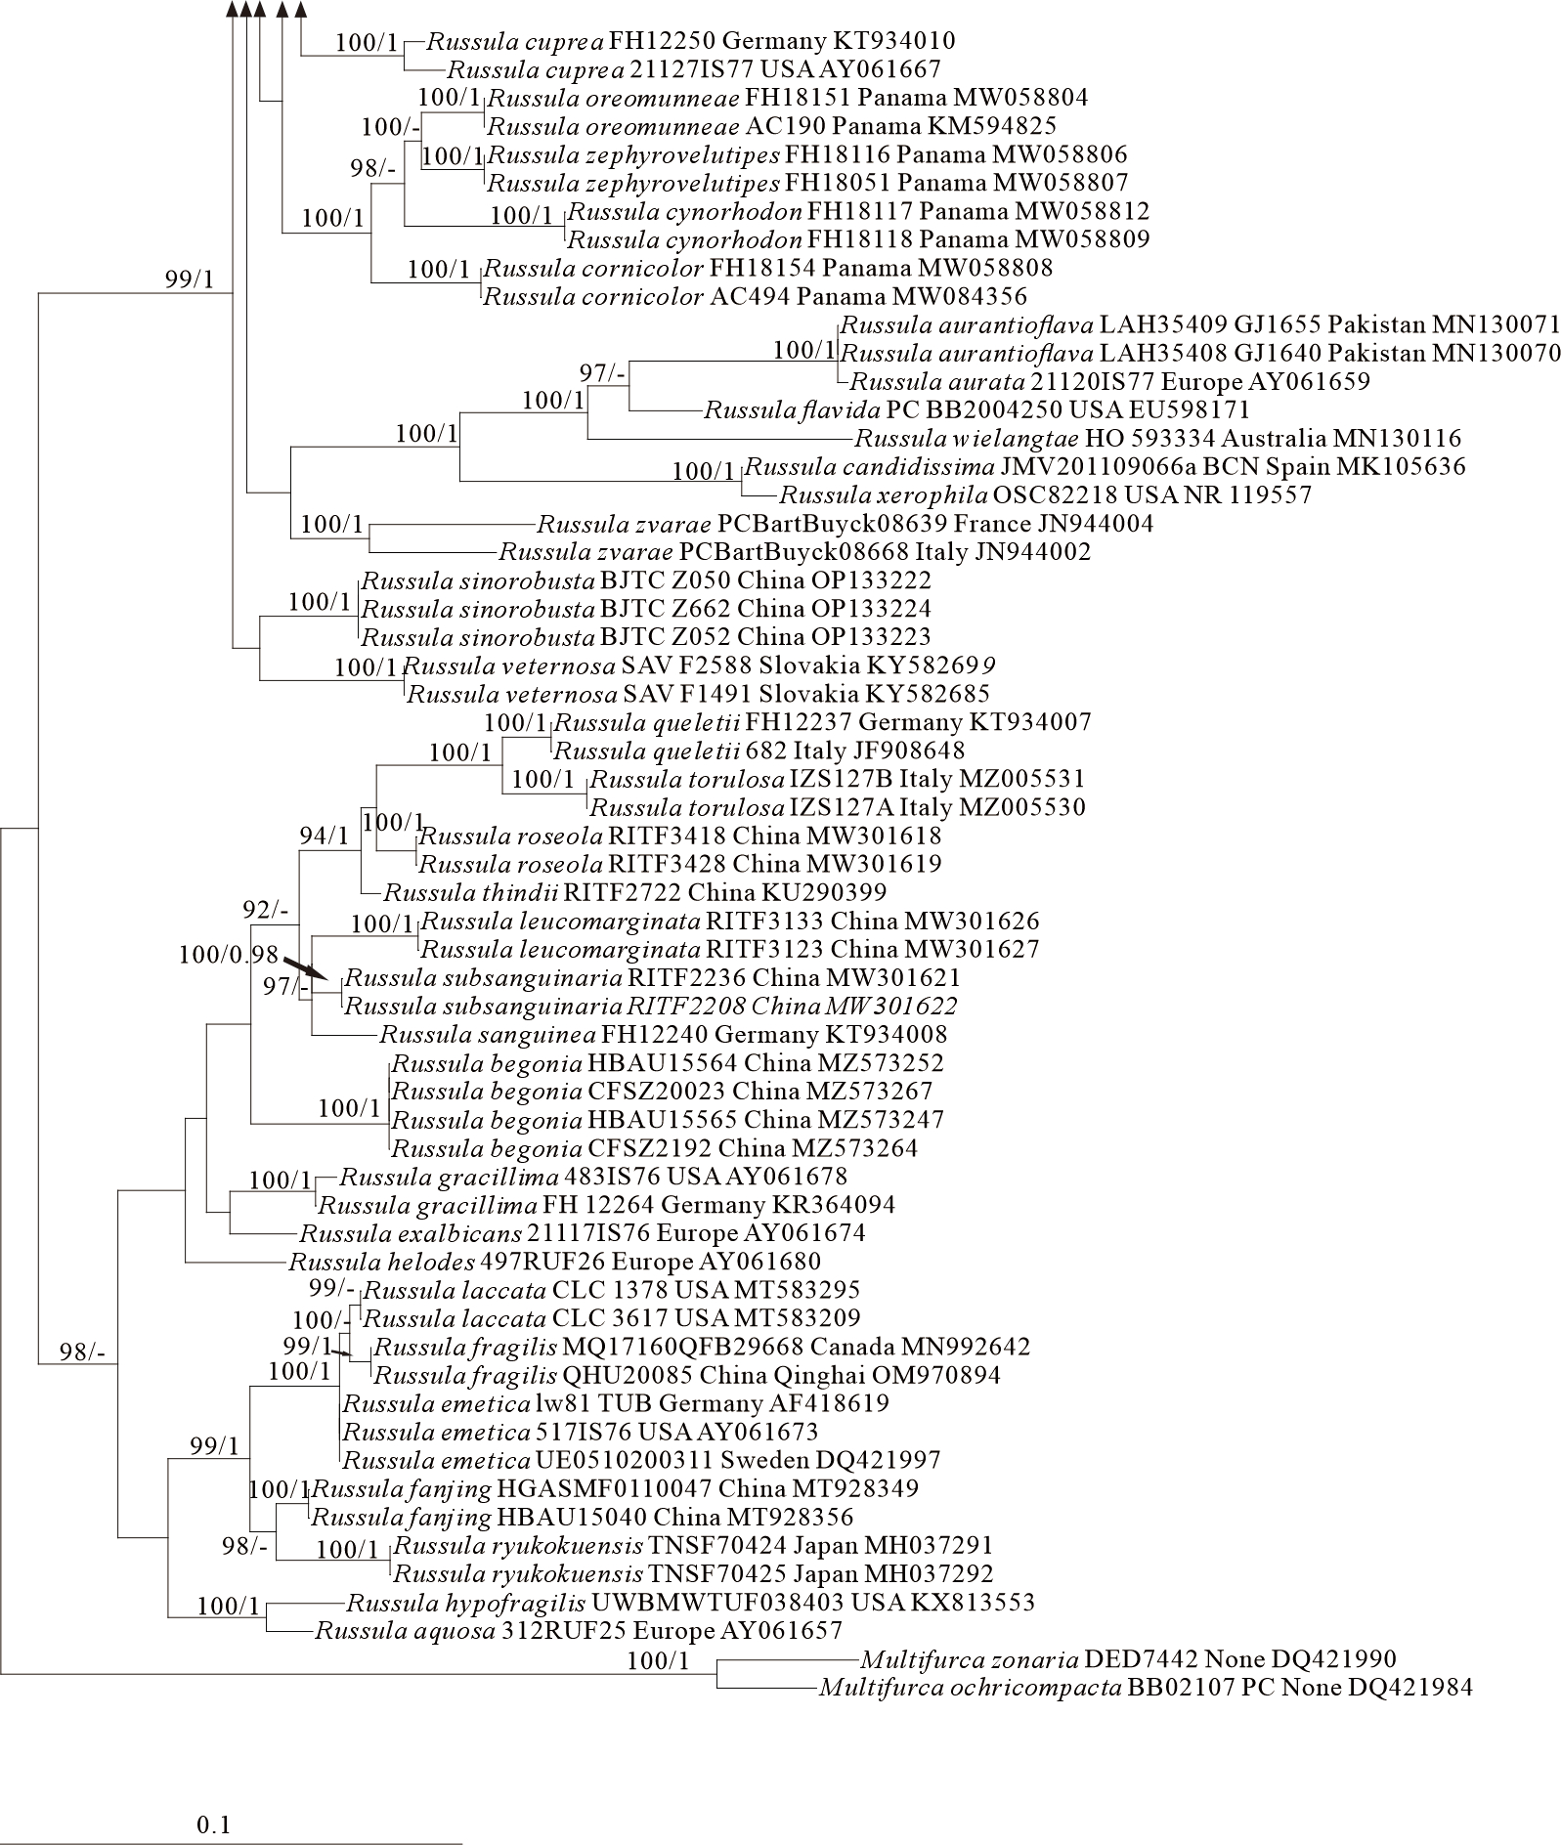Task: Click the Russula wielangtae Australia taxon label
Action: (1157, 439)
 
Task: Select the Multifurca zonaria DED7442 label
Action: (1128, 1658)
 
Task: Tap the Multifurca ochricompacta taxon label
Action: (1145, 1687)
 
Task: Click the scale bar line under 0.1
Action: (231, 1843)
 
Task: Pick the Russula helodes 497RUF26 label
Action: (554, 1262)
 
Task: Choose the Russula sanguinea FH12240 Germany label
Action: (663, 1034)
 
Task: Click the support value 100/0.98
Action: (229, 954)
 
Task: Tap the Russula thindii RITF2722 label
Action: (635, 892)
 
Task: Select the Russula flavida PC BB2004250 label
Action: (976, 409)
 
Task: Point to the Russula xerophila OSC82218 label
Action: (1045, 494)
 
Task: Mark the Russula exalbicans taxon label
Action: (583, 1233)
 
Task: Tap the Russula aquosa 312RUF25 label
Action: (578, 1630)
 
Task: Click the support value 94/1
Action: (324, 836)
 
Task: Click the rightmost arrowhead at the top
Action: (301, 10)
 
